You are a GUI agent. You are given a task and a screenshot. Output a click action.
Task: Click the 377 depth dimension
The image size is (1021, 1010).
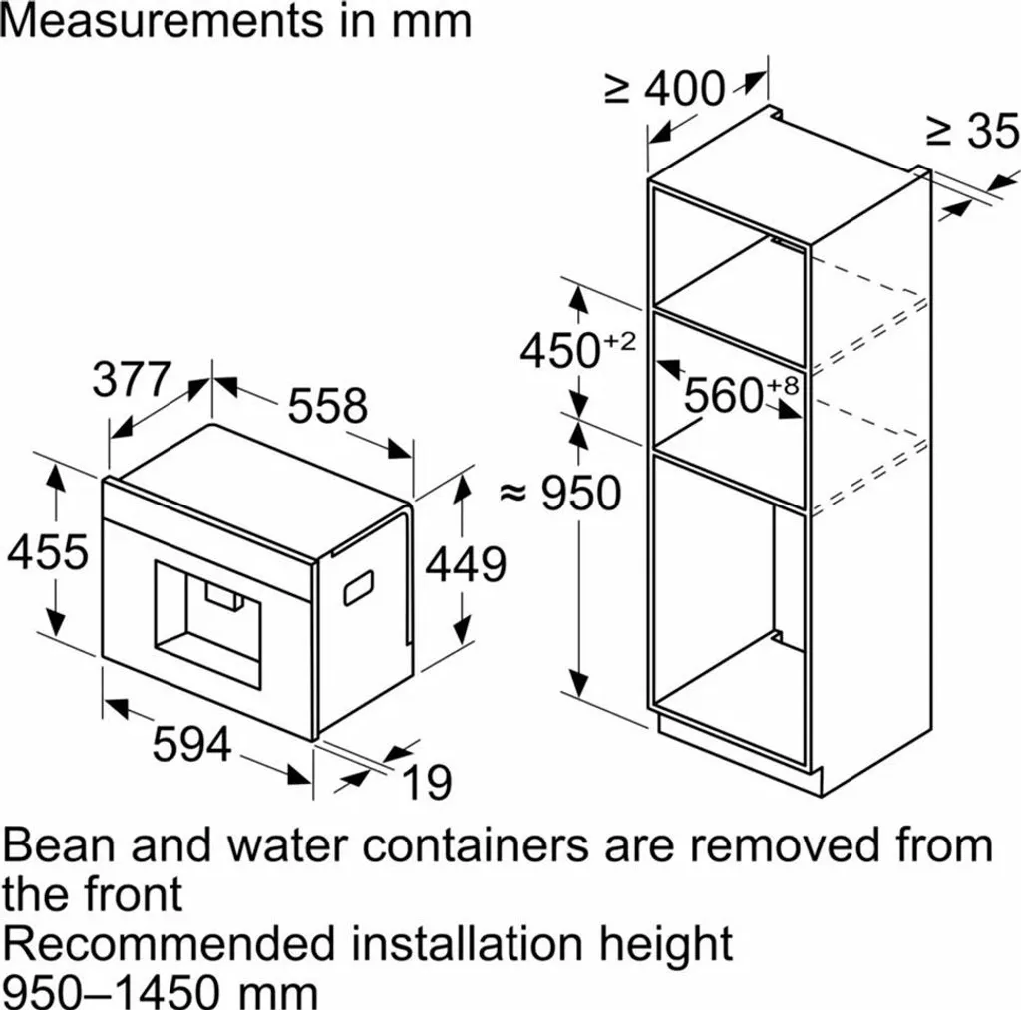pos(132,379)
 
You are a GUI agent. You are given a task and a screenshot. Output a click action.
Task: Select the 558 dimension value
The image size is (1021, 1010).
pos(327,405)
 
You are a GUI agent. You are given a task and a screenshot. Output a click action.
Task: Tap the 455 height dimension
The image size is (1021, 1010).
pos(48,552)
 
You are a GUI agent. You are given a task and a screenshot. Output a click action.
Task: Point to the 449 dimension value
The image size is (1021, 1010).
pos(466,564)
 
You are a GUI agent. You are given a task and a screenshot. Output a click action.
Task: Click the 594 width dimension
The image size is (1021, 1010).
pos(192,745)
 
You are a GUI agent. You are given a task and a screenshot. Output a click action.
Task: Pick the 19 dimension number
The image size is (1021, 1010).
pos(428,782)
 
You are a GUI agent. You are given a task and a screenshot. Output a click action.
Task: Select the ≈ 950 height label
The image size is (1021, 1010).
pos(560,493)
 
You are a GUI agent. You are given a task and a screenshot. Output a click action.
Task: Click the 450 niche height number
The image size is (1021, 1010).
pos(560,350)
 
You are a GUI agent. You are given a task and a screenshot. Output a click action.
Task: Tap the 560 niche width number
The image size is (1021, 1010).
pos(724,395)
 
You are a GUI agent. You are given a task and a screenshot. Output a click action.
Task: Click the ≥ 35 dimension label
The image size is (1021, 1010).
pos(972,131)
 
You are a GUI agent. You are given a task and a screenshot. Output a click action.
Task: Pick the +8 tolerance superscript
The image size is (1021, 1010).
pos(782,386)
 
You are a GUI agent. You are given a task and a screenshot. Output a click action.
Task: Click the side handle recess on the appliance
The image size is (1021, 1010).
pos(359,587)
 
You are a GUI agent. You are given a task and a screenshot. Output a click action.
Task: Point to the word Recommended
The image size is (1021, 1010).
pos(168,943)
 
